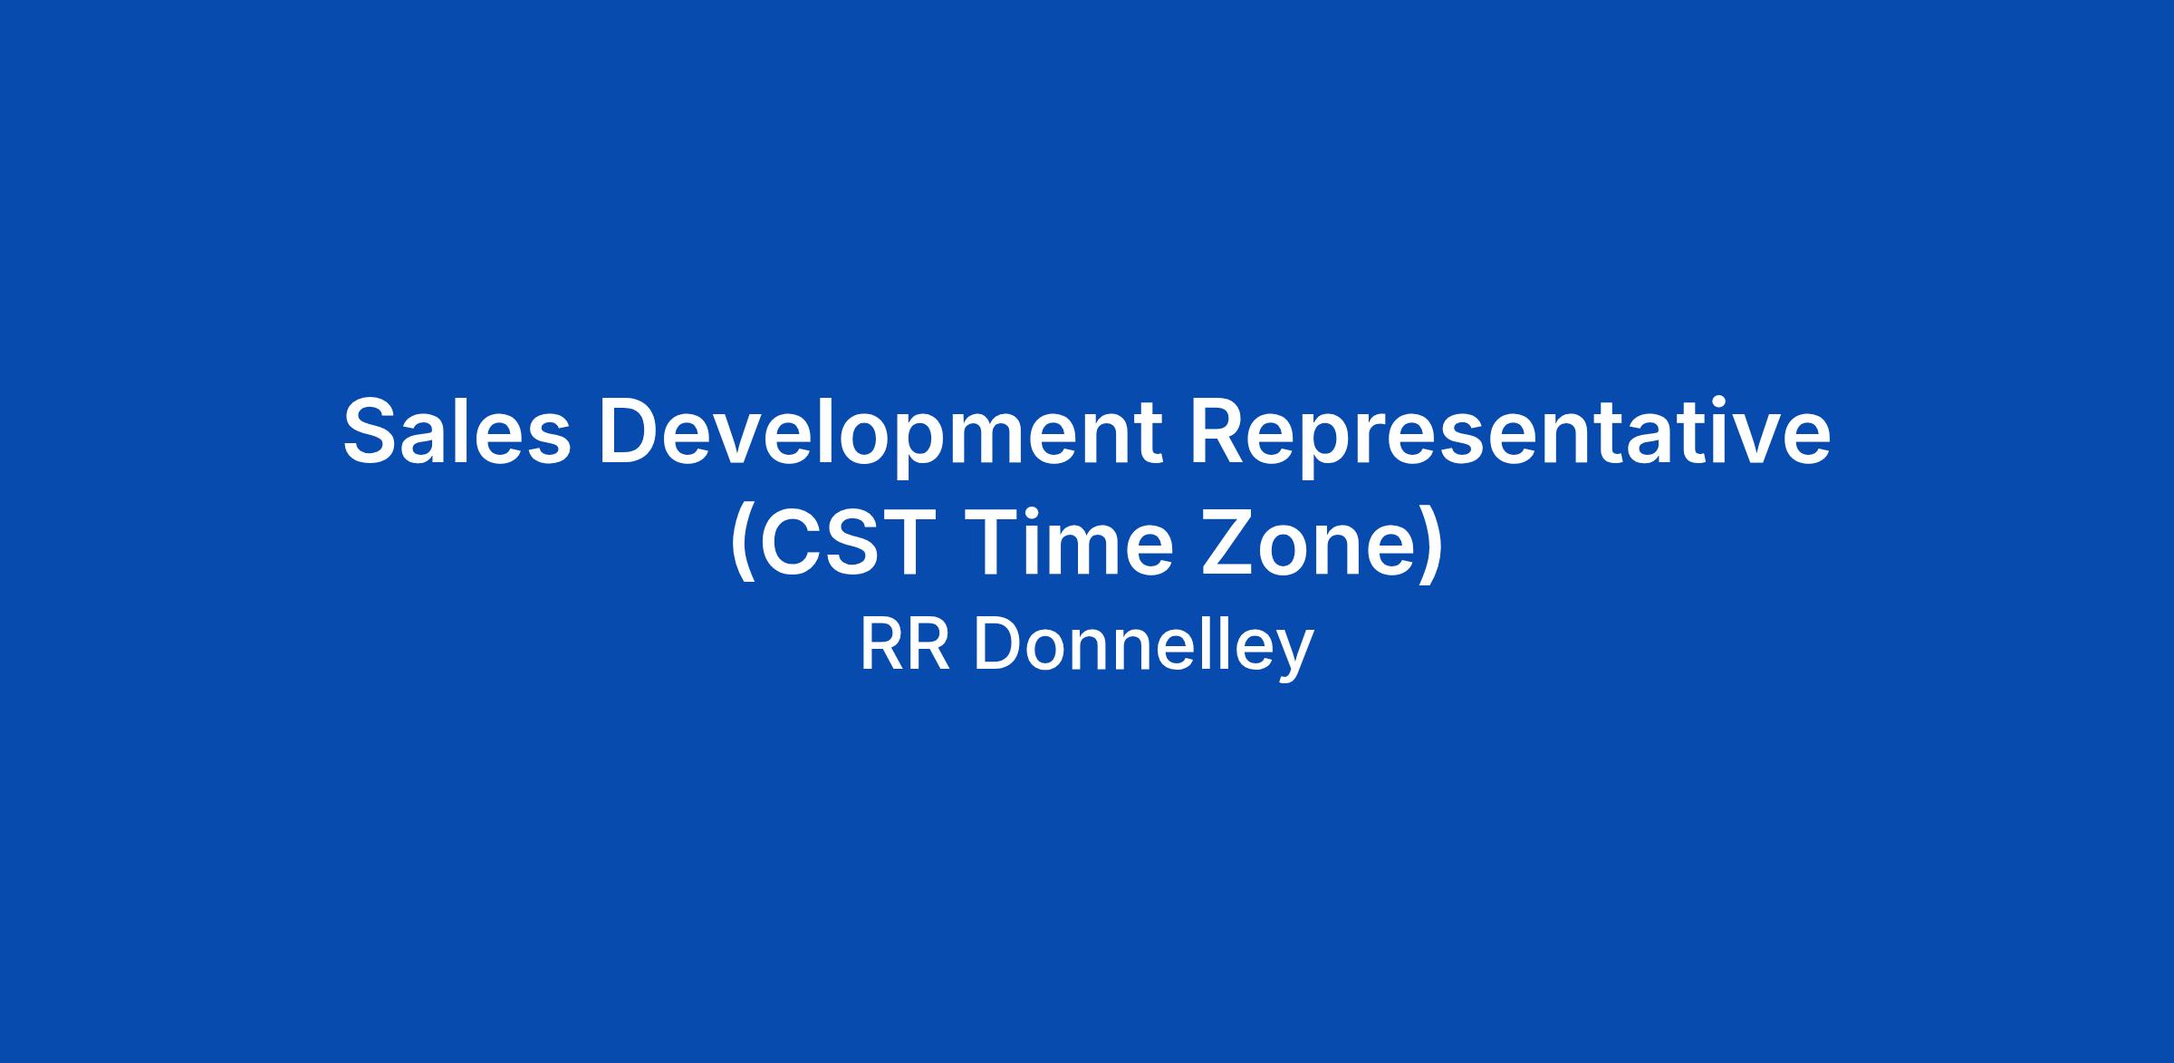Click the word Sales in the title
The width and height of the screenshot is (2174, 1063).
(x=457, y=431)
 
